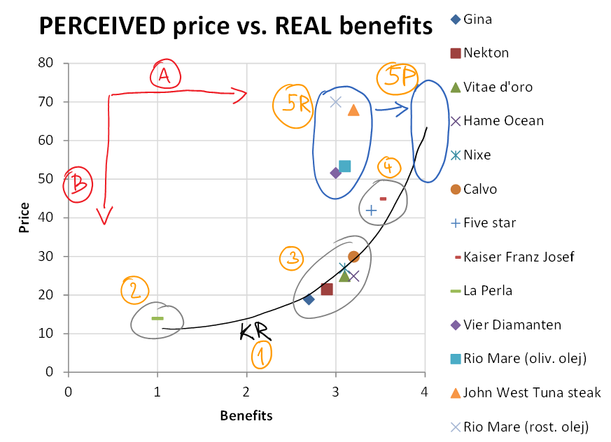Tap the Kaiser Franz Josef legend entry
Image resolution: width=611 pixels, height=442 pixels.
519,257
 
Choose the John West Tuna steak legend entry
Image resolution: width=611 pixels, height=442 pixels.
532,393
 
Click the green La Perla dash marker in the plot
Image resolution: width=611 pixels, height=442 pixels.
157,318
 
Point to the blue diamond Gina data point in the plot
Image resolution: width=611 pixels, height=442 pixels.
309,299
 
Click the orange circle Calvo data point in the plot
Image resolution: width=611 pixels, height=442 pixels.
353,257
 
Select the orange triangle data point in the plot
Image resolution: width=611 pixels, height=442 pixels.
353,110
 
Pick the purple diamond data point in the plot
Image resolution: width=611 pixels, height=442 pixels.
335,173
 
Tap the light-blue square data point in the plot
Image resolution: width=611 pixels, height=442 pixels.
344,166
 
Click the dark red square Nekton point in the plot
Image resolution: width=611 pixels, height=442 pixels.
327,290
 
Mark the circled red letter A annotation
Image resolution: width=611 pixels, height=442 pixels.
164,74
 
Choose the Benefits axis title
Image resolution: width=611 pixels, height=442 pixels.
246,416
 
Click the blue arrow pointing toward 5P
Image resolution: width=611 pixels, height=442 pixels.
391,108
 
